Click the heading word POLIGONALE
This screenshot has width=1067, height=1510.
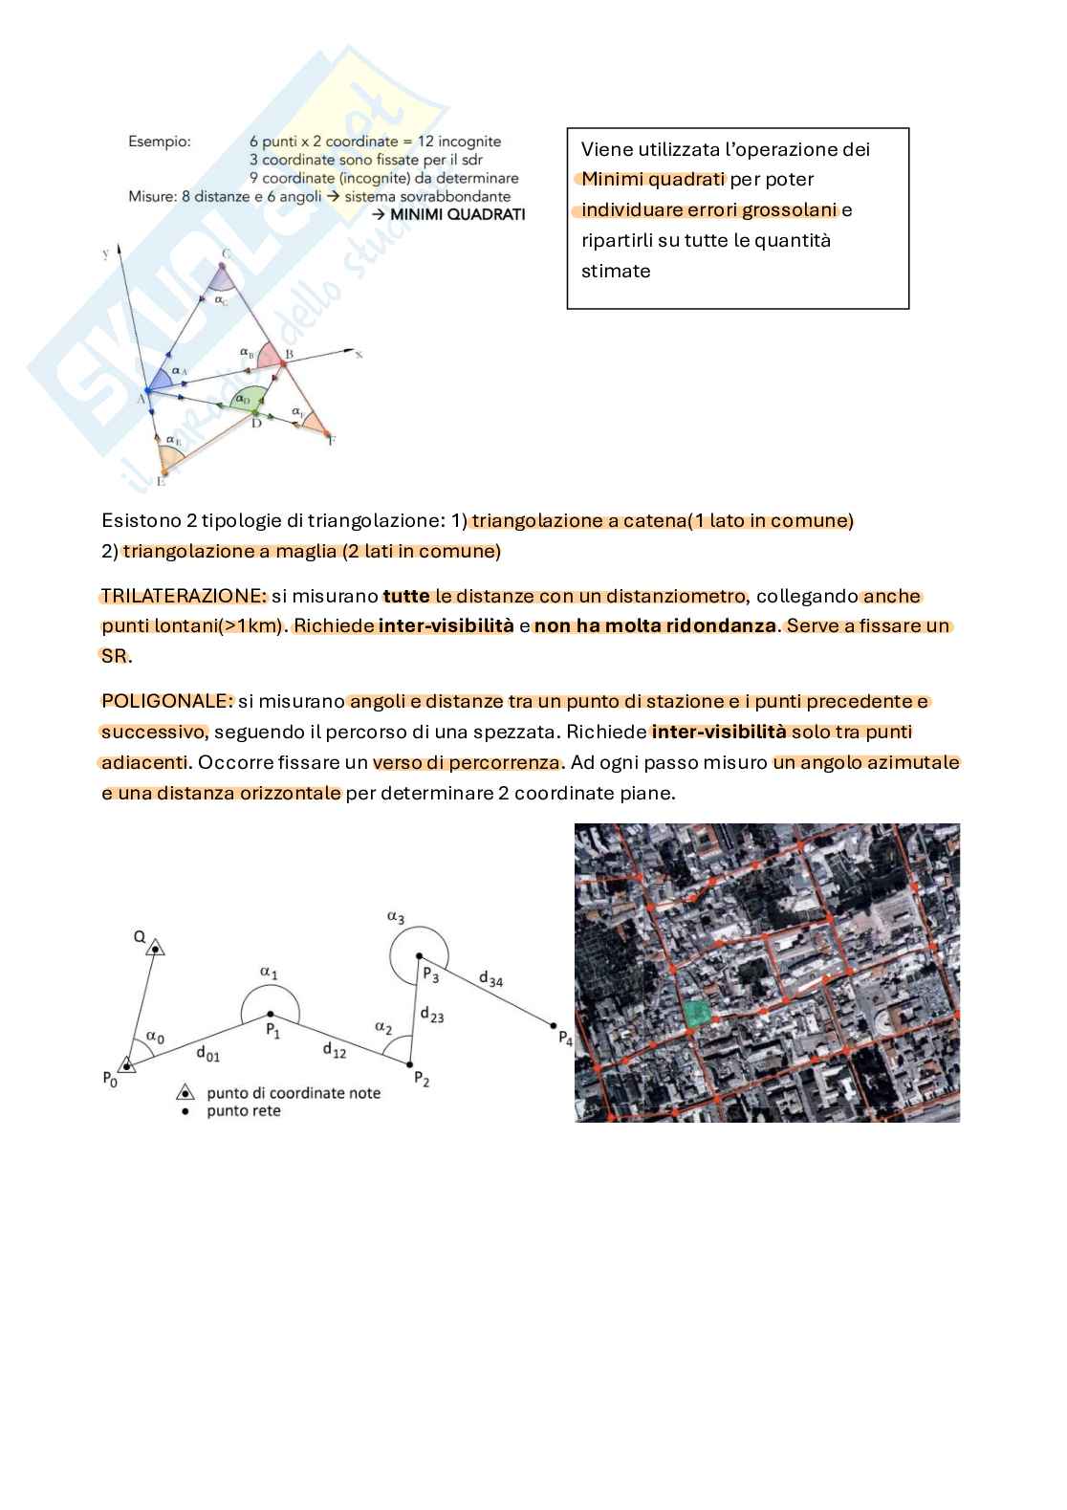tap(166, 701)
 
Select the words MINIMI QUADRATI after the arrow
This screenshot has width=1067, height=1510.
tap(457, 214)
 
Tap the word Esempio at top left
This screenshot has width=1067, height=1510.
tap(159, 142)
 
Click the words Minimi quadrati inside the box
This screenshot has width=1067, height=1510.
tap(653, 179)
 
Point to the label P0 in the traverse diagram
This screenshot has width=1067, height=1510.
tap(110, 1079)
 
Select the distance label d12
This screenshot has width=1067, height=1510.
tap(334, 1050)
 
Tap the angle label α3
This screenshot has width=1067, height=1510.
tap(395, 917)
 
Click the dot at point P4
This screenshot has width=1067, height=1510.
tap(555, 1025)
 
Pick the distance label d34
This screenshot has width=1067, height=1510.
tap(490, 979)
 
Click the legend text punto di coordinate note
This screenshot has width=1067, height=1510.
tap(293, 1093)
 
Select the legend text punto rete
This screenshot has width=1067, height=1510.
tap(243, 1111)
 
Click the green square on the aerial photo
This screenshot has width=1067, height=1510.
tap(697, 1014)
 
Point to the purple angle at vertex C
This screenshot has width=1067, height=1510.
tap(223, 278)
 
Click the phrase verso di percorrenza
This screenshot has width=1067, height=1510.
tap(467, 762)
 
